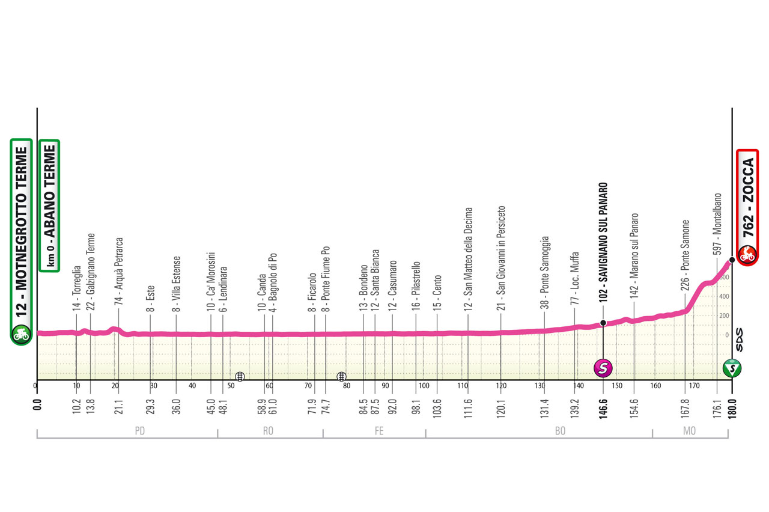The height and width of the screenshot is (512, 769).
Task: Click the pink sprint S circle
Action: (x=603, y=367)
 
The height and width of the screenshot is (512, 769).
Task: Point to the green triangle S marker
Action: (x=732, y=368)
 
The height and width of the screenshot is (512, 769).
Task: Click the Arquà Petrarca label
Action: (x=119, y=272)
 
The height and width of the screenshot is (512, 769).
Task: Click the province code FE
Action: (x=378, y=430)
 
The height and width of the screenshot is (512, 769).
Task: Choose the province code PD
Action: (x=140, y=430)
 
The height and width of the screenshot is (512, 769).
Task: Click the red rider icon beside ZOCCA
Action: (x=747, y=254)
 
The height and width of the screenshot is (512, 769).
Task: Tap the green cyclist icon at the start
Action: (x=21, y=334)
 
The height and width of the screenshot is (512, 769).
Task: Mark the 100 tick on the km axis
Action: (x=424, y=386)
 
